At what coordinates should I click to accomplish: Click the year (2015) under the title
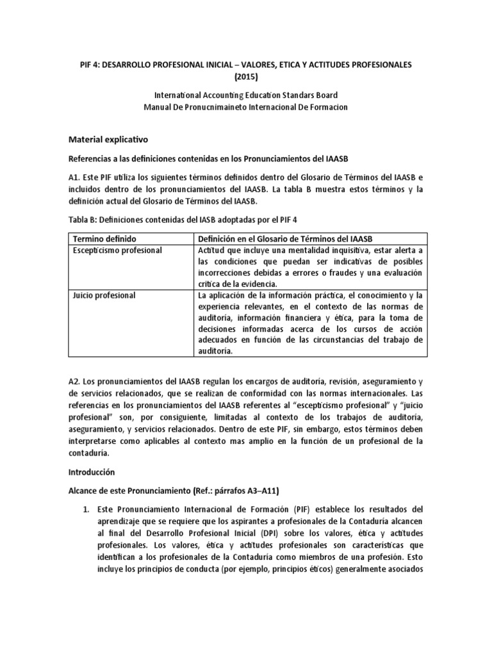coord(246,77)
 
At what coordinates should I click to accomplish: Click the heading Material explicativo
coord(113,138)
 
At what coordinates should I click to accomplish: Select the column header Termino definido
coord(102,238)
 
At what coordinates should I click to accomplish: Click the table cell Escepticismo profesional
coord(119,250)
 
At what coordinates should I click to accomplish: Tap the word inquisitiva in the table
coord(338,250)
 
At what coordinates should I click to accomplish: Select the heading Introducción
coord(91,471)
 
